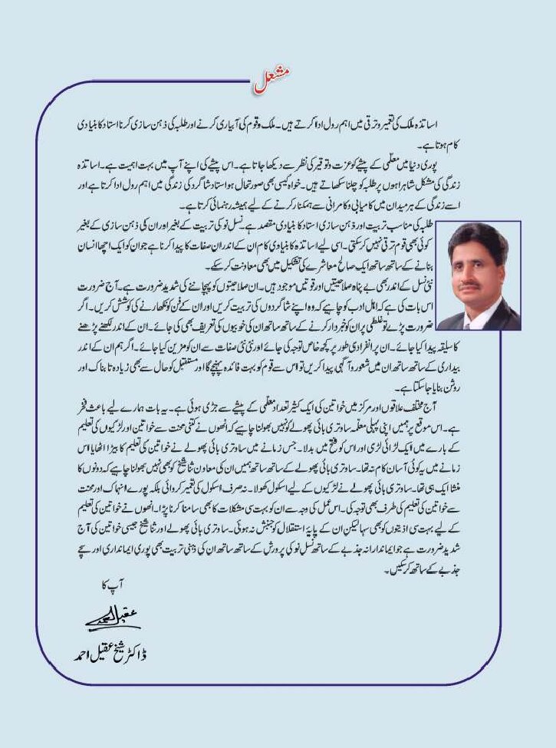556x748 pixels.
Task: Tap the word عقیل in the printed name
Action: (x=99, y=654)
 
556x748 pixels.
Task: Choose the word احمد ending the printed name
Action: (x=72, y=654)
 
